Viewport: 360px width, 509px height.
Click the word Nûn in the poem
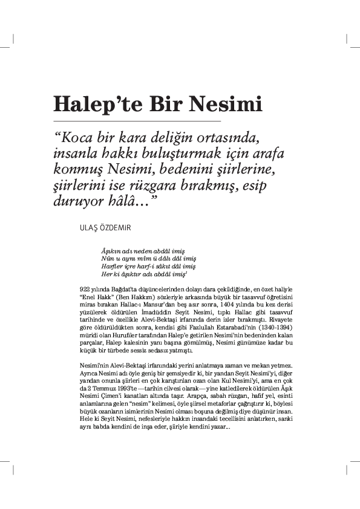point(108,258)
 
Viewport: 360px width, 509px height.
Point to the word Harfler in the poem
point(112,265)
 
